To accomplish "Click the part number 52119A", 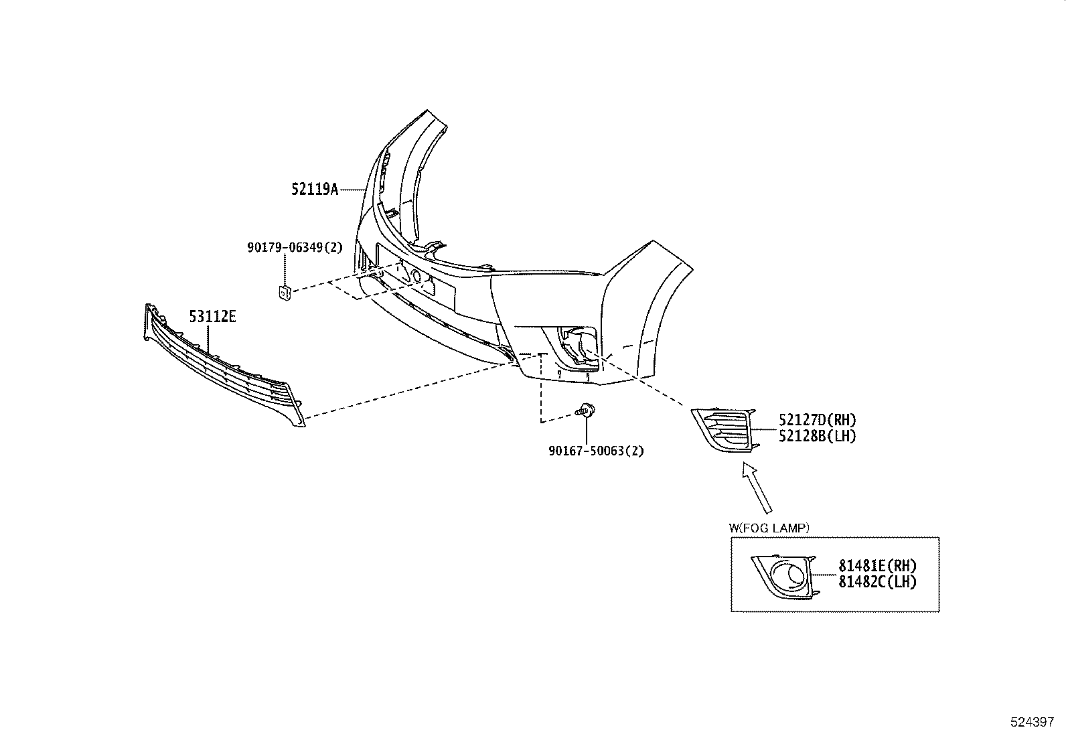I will pyautogui.click(x=314, y=190).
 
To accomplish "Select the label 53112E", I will pyautogui.click(x=212, y=317).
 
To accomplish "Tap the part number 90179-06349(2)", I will pyautogui.click(x=295, y=247).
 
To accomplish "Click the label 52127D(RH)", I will pyautogui.click(x=817, y=421).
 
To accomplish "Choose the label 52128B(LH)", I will pyautogui.click(x=817, y=436).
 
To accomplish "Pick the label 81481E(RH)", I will pyautogui.click(x=877, y=566).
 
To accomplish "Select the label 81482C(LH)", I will pyautogui.click(x=877, y=581).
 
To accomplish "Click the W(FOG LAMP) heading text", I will pyautogui.click(x=769, y=528).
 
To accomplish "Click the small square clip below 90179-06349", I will pyautogui.click(x=284, y=292).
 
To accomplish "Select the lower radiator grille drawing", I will pyautogui.click(x=221, y=368).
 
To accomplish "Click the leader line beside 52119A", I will pyautogui.click(x=352, y=190).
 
